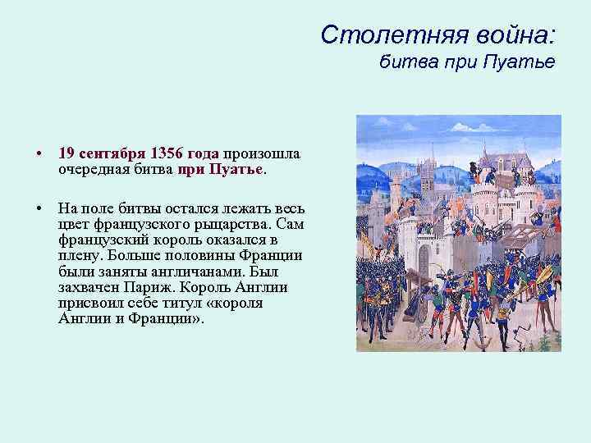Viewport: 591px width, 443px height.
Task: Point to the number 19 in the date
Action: pyautogui.click(x=66, y=153)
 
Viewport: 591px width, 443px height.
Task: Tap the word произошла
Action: pyautogui.click(x=261, y=153)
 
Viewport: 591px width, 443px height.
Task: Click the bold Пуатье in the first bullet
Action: pyautogui.click(x=235, y=168)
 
